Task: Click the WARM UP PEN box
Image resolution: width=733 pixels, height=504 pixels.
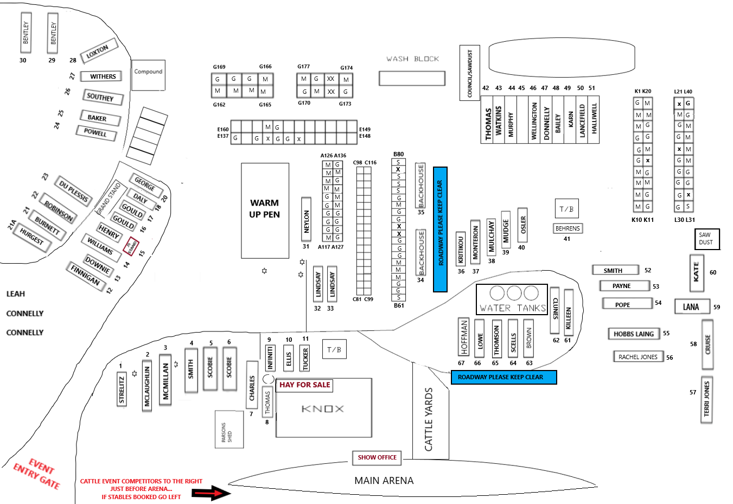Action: coord(265,210)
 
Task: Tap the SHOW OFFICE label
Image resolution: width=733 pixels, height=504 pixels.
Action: coord(377,457)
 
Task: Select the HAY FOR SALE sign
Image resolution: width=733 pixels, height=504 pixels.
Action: coord(304,385)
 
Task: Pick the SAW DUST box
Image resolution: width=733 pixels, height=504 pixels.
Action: coord(707,239)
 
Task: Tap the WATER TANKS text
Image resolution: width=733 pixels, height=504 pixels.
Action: coord(512,308)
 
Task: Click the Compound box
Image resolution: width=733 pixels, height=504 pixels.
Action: coord(148,75)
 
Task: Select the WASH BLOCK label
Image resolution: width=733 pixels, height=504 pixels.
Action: coord(412,59)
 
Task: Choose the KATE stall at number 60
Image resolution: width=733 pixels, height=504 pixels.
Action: coord(697,272)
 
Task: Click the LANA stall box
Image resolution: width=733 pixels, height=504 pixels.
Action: coord(691,307)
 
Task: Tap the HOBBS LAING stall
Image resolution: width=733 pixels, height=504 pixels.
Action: coord(634,334)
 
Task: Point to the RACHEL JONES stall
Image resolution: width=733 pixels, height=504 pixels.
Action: coord(638,357)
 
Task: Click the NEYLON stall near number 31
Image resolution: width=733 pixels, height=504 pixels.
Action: coord(307,219)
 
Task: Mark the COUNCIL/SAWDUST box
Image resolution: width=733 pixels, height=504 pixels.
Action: coord(470,73)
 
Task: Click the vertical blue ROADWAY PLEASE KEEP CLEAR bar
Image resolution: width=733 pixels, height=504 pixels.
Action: coord(440,229)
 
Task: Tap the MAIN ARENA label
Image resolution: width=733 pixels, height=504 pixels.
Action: coord(384,481)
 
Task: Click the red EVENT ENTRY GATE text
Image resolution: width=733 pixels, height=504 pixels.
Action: coord(37,473)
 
